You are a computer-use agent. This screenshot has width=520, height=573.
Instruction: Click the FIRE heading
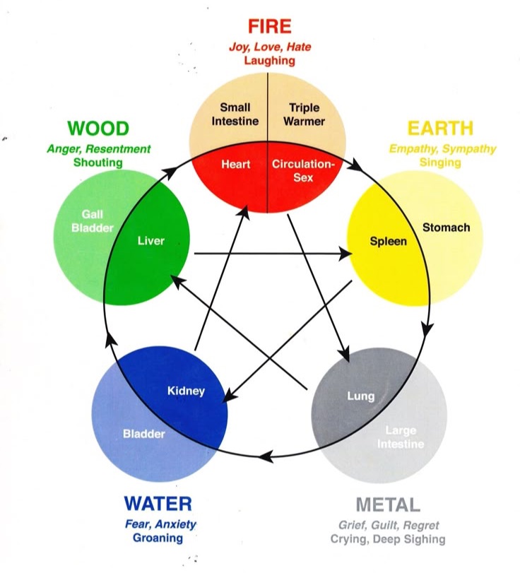pos(269,27)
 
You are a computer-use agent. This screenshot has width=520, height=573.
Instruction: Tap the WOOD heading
pos(98,129)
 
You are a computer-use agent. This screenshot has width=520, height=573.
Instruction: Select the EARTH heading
pos(439,129)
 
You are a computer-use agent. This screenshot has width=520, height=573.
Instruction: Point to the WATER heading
pos(158,504)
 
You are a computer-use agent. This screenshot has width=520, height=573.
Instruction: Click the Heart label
pos(236,164)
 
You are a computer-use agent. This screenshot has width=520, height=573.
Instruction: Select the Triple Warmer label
pos(305,114)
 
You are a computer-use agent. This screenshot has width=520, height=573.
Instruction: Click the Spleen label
pos(389,241)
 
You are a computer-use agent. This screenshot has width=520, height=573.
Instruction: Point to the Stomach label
pos(446,227)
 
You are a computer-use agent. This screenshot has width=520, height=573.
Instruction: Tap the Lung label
pos(360,396)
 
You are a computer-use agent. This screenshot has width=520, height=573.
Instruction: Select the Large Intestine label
pos(401,437)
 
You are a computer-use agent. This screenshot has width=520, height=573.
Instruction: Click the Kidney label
pos(186,390)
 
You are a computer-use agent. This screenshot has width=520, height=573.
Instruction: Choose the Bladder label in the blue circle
pos(144,433)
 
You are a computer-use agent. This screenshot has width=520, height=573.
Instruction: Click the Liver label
pos(150,241)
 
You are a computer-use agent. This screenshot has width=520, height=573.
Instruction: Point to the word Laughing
pos(269,61)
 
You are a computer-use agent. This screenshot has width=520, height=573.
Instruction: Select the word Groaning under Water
pos(158,538)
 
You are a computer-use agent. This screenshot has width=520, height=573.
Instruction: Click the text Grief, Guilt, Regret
pos(388,525)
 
